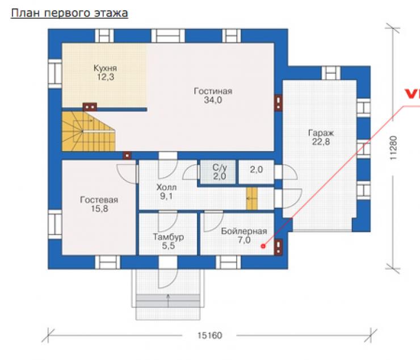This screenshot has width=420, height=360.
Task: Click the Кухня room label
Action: [105, 68]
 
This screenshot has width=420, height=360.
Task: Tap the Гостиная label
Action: [213, 91]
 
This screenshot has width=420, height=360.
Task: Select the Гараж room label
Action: [321, 133]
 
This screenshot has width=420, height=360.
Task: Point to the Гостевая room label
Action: [99, 200]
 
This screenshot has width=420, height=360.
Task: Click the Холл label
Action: [166, 187]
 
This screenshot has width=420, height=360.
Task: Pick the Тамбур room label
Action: [168, 237]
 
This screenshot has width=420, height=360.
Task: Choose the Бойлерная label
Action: [243, 231]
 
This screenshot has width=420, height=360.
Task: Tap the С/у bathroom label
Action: [220, 168]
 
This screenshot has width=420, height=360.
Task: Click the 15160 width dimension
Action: [210, 336]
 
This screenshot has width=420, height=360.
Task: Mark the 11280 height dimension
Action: [393, 148]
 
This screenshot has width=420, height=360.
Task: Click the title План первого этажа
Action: [69, 13]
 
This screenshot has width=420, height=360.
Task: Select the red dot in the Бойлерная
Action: [263, 246]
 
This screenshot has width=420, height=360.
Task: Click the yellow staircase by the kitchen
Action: [89, 131]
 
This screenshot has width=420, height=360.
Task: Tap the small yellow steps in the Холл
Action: [252, 198]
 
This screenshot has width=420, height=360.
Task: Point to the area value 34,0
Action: [213, 100]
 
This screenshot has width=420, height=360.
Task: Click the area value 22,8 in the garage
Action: [321, 142]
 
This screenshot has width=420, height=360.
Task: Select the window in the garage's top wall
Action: [331, 73]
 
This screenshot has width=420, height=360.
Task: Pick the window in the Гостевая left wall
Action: [55, 224]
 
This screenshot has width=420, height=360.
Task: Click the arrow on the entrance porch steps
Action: [168, 300]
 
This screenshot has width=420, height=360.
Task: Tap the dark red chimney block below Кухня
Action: [90, 107]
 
